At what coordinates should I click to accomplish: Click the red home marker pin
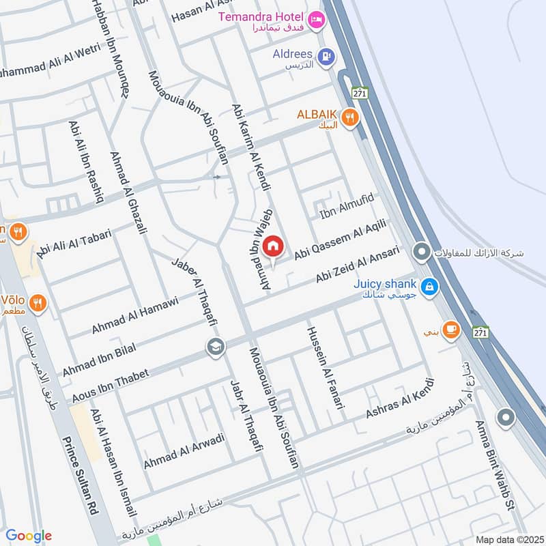[x=273, y=246]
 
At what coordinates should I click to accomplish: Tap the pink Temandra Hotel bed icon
[x=315, y=20]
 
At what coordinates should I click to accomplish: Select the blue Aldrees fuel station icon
[x=326, y=55]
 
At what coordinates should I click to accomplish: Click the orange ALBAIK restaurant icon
[x=351, y=117]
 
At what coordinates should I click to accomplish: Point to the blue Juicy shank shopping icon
[x=429, y=287]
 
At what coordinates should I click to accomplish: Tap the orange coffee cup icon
[x=450, y=330]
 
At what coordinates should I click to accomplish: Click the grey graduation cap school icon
[x=215, y=347]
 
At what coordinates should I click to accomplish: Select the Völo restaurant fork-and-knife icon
[x=38, y=302]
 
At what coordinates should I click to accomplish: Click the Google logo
[x=29, y=536]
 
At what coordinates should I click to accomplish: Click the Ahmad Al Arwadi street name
[x=184, y=451]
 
